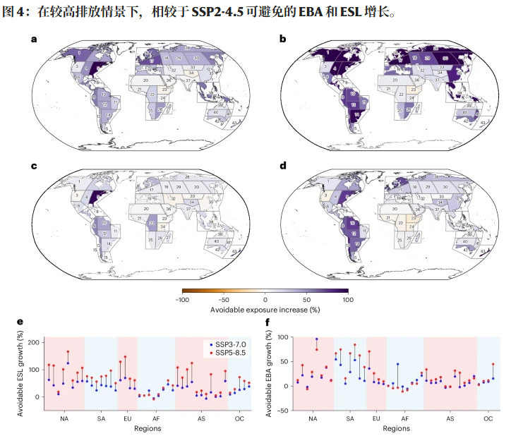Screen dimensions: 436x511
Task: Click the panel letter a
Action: click(33, 39)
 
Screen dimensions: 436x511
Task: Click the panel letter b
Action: click(283, 39)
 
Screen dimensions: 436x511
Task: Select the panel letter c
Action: click(33, 166)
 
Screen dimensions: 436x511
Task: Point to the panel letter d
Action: click(283, 166)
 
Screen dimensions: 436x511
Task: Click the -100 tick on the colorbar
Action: click(182, 299)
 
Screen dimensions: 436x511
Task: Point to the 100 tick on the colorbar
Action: click(347, 299)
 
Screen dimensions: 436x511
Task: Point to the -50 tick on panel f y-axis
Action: click(284, 410)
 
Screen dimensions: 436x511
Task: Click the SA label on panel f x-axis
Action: click(350, 419)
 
